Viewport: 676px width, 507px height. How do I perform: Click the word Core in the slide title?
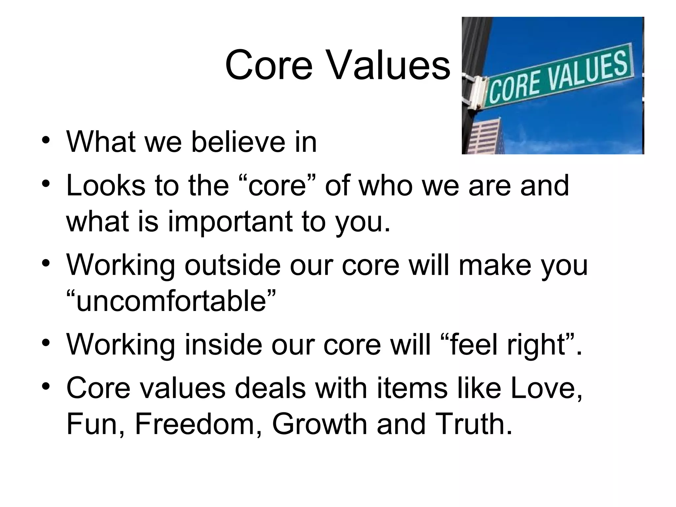tap(268, 65)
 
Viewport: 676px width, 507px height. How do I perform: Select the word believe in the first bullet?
tap(238, 142)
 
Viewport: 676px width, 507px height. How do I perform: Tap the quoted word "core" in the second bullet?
tap(280, 186)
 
